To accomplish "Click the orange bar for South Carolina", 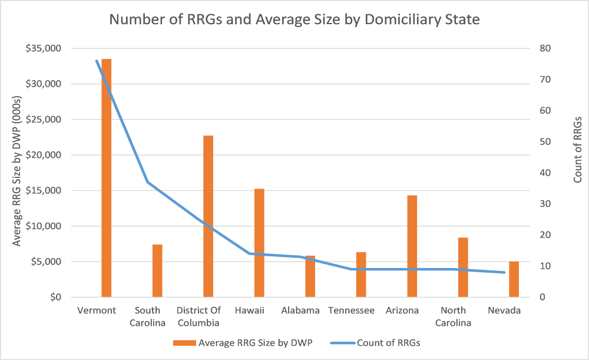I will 157,270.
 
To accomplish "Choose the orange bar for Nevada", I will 514,279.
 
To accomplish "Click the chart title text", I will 294,19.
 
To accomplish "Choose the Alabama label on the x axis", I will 300,311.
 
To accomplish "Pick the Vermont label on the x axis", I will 97,311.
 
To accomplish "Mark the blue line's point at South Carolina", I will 148,182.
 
